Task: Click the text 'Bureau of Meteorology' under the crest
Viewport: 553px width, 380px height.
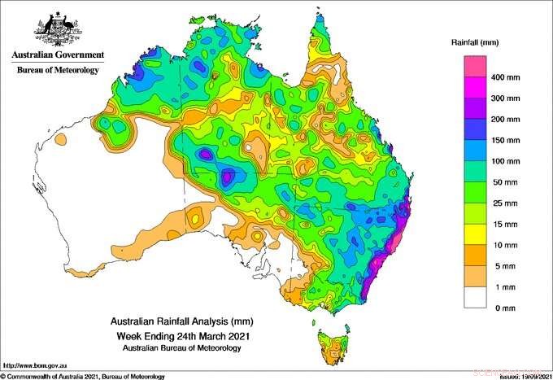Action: pyautogui.click(x=57, y=71)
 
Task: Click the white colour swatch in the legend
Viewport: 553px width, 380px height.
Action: pyautogui.click(x=475, y=298)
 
